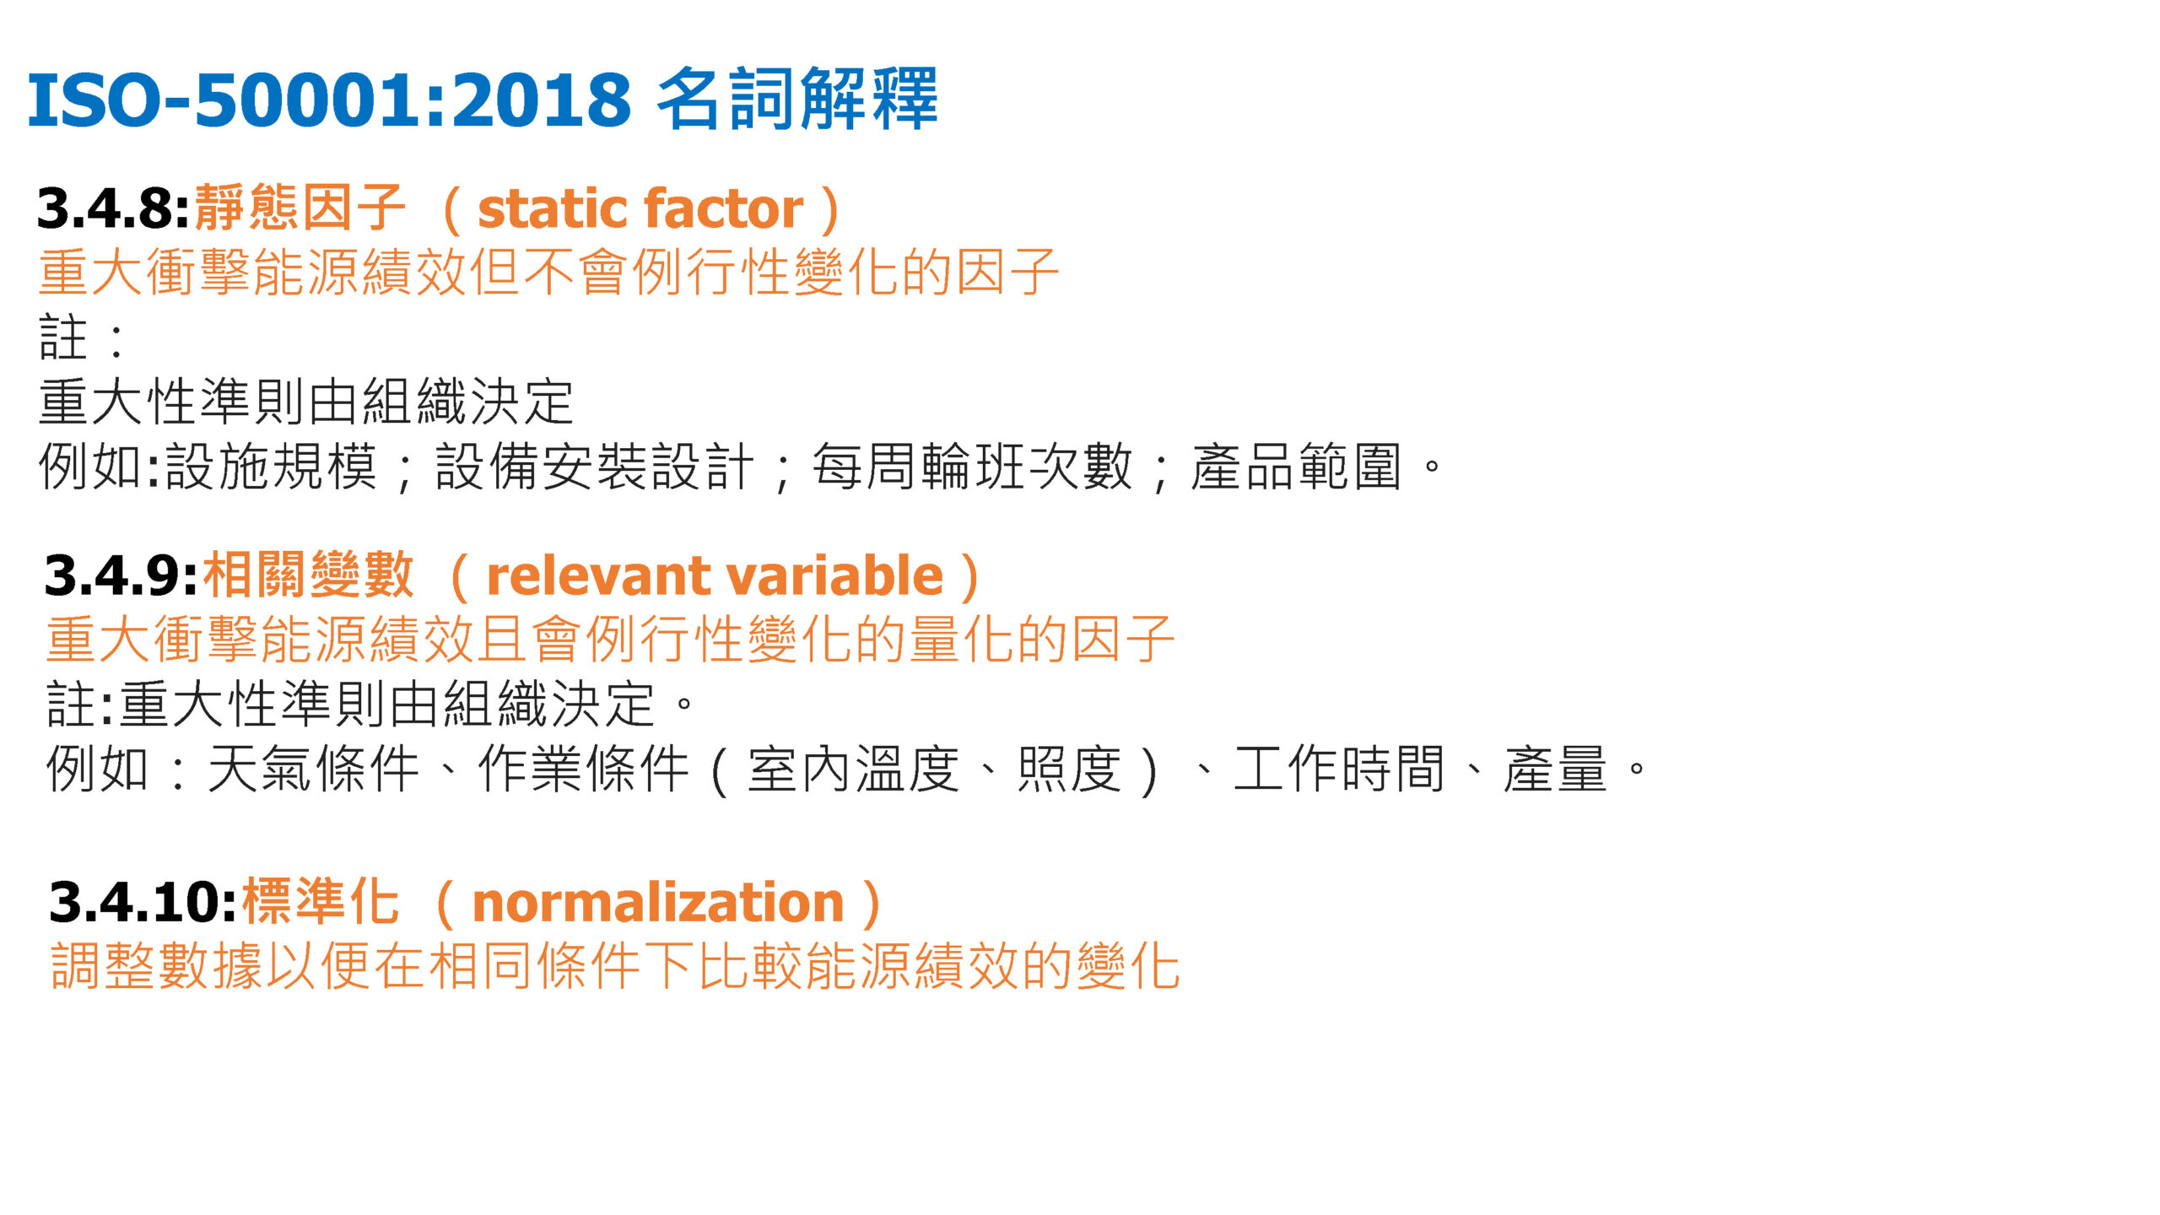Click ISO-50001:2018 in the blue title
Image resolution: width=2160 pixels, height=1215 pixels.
pyautogui.click(x=329, y=100)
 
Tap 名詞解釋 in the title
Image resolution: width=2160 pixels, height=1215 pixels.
pyautogui.click(x=796, y=100)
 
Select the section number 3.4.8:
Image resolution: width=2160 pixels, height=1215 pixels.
pyautogui.click(x=113, y=208)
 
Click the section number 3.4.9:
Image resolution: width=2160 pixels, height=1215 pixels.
pyautogui.click(x=121, y=575)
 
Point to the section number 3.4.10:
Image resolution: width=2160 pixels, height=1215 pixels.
pyautogui.click(x=143, y=902)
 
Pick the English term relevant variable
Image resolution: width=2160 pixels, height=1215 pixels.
pyautogui.click(x=715, y=575)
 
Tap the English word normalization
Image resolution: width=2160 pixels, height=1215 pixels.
pyautogui.click(x=658, y=902)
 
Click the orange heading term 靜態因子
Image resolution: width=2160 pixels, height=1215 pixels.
pyautogui.click(x=300, y=208)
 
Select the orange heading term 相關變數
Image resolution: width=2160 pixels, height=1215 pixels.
pyautogui.click(x=308, y=575)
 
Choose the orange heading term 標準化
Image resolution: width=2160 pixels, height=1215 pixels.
pyautogui.click(x=320, y=902)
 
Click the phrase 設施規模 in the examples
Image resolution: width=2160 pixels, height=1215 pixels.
pyautogui.click(x=271, y=467)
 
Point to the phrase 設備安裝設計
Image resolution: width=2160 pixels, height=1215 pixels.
pyautogui.click(x=594, y=467)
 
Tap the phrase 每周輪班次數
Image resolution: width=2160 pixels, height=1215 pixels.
pyautogui.click(x=972, y=467)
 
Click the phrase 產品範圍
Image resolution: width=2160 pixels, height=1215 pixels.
pyautogui.click(x=1296, y=467)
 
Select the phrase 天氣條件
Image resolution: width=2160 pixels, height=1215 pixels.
pyautogui.click(x=313, y=769)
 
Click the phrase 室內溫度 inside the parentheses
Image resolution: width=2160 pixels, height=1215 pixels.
pyautogui.click(x=853, y=769)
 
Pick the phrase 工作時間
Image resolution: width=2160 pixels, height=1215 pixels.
pyautogui.click(x=1339, y=769)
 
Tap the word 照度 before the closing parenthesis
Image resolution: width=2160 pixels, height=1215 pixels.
pyautogui.click(x=1069, y=769)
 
